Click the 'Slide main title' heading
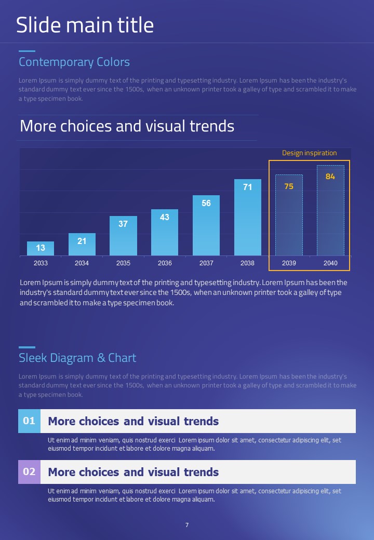(x=85, y=25)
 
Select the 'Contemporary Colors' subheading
(x=74, y=62)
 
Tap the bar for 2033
(x=41, y=249)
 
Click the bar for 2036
(x=165, y=234)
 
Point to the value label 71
(x=248, y=187)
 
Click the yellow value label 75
(x=289, y=186)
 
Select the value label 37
(x=123, y=224)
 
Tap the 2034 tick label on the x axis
(x=82, y=263)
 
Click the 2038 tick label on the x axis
(x=247, y=263)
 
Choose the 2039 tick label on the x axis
(x=289, y=263)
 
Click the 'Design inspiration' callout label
(x=309, y=153)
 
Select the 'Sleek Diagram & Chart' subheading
(x=77, y=358)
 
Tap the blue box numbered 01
(x=29, y=421)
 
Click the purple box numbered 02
(x=29, y=472)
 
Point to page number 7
(x=187, y=525)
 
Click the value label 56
(x=206, y=204)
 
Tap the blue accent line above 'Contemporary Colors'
(x=27, y=51)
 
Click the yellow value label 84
(x=330, y=177)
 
